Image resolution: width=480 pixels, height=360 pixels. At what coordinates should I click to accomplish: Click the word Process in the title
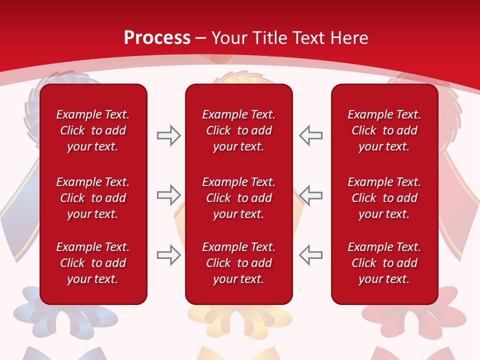click(x=157, y=38)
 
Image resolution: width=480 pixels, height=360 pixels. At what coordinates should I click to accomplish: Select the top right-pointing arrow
click(x=168, y=135)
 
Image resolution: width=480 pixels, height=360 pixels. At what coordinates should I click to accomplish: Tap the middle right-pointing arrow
click(x=168, y=195)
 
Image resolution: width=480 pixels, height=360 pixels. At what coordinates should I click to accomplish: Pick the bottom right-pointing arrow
click(x=168, y=255)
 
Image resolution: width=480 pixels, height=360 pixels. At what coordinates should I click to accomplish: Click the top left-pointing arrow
click(x=311, y=135)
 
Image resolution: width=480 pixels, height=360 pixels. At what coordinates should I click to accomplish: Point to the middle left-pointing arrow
click(x=311, y=195)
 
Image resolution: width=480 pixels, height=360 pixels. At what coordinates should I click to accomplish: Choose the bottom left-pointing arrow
click(x=311, y=255)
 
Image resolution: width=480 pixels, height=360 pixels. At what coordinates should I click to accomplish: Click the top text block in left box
click(x=93, y=130)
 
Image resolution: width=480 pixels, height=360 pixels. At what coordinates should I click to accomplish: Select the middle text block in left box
click(x=93, y=198)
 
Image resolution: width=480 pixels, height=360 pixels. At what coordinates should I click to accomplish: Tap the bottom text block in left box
click(x=93, y=263)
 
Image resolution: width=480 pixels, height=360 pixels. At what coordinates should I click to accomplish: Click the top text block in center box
click(x=238, y=130)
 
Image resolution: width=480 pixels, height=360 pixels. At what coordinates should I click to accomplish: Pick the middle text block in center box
click(x=238, y=198)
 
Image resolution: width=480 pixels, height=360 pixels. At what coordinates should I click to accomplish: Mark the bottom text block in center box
click(x=238, y=263)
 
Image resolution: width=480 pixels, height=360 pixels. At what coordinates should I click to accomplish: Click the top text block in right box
click(x=384, y=130)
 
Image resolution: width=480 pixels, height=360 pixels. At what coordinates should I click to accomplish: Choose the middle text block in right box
click(x=384, y=198)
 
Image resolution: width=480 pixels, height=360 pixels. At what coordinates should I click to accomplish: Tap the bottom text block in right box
click(x=384, y=263)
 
